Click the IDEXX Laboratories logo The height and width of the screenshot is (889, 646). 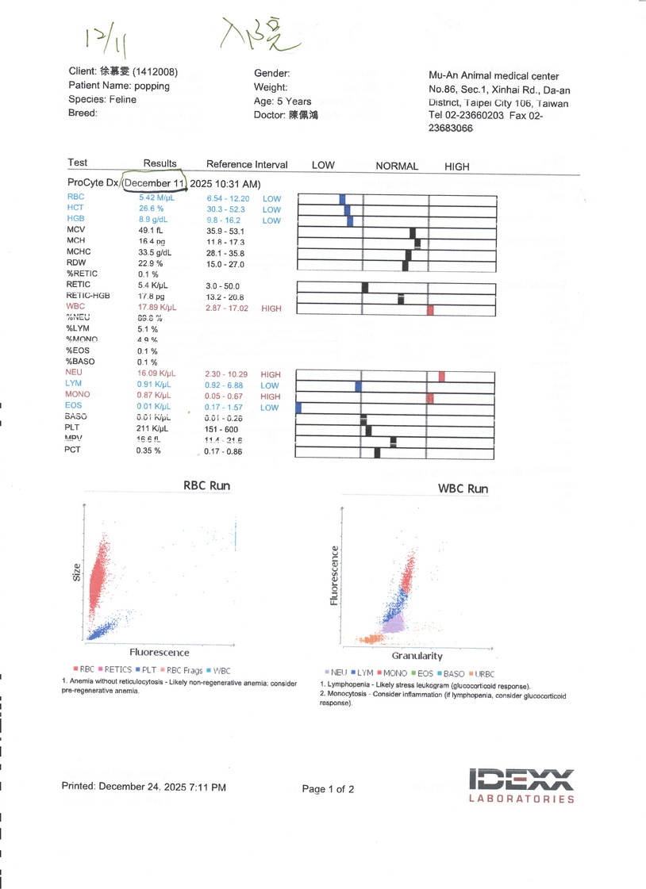(x=521, y=785)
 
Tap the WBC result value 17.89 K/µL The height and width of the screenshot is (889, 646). (x=157, y=308)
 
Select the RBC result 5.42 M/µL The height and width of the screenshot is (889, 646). (x=156, y=197)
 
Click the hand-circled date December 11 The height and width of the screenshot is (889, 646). (x=154, y=183)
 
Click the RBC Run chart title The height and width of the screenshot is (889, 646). (x=207, y=485)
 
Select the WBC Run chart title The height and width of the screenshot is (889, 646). (x=463, y=489)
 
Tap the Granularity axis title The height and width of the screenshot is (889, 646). (x=417, y=656)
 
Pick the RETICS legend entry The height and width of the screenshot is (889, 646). (x=115, y=670)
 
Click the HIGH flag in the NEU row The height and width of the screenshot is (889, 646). (x=271, y=374)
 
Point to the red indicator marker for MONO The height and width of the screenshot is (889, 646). (x=429, y=397)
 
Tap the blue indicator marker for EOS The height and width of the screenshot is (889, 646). (x=298, y=408)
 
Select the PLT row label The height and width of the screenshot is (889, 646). (x=74, y=427)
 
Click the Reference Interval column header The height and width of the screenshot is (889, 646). (x=247, y=165)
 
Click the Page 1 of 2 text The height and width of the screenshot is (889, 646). (x=328, y=789)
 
